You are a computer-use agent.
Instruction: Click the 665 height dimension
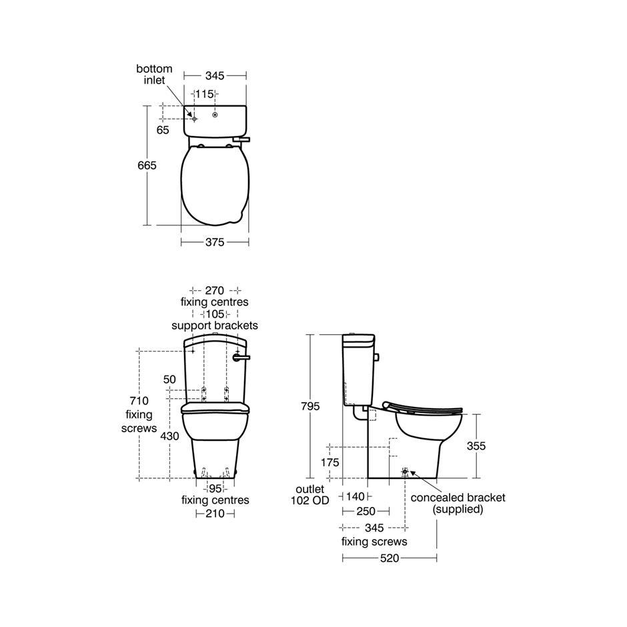(147, 165)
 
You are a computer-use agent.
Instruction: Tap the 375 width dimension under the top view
(215, 242)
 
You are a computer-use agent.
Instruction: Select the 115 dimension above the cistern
(204, 94)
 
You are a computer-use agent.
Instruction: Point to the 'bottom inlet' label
(154, 75)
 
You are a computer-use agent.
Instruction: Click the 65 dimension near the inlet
(163, 130)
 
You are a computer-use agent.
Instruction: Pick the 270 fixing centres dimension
(214, 290)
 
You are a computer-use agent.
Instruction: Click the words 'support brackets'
(215, 326)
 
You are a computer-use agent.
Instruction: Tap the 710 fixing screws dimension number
(139, 401)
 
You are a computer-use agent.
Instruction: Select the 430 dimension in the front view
(169, 436)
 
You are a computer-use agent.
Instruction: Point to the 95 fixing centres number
(215, 489)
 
